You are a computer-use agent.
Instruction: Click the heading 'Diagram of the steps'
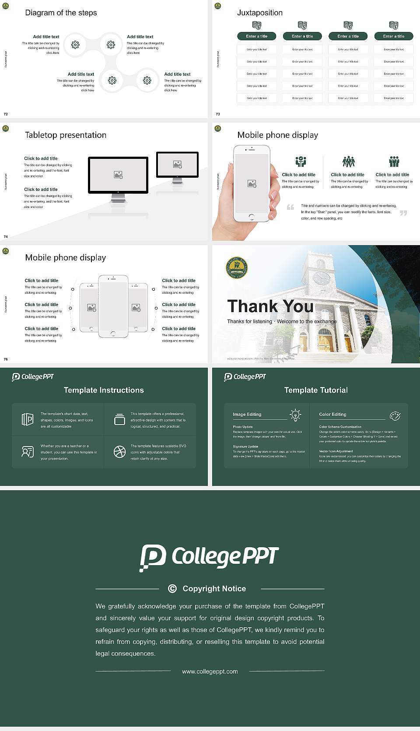[61, 13]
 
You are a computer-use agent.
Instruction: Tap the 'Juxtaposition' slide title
[259, 13]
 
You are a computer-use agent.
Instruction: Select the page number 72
[6, 114]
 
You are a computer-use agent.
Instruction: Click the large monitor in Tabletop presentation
[118, 175]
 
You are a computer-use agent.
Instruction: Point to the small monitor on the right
[177, 165]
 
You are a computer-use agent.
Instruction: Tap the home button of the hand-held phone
[251, 217]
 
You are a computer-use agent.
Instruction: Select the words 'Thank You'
[270, 306]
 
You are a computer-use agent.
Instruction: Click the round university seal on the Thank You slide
[237, 268]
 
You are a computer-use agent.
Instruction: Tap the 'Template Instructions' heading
[104, 390]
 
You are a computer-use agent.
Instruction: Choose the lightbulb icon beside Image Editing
[295, 415]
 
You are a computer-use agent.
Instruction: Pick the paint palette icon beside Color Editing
[395, 415]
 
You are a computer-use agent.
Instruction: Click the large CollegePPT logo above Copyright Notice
[209, 557]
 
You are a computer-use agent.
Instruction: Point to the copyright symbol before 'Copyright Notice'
[172, 589]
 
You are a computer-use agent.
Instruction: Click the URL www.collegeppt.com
[210, 671]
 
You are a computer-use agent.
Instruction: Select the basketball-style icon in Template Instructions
[119, 452]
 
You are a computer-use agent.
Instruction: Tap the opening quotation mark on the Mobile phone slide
[290, 207]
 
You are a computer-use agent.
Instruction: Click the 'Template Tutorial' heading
[316, 390]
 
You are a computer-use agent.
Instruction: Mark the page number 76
[6, 359]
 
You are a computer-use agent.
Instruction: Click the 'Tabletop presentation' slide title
[66, 135]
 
